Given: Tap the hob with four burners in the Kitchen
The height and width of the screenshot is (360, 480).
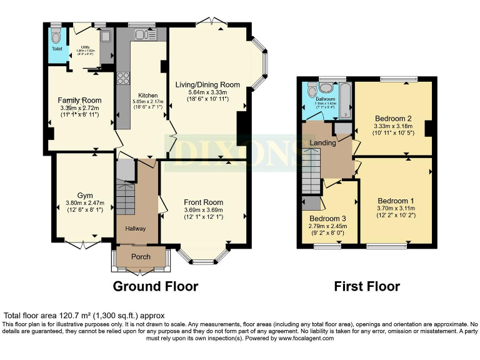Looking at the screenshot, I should point(122,79).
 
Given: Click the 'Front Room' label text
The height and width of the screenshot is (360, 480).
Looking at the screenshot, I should point(203,202).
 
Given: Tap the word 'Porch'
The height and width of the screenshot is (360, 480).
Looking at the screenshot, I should point(141,257).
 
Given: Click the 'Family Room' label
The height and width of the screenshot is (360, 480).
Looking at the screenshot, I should point(79,100).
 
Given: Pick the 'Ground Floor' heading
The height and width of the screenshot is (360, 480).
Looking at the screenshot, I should point(155,286).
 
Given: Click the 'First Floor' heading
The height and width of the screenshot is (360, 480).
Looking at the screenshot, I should point(367,286).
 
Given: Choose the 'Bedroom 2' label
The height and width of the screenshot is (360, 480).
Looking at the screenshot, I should point(392,118).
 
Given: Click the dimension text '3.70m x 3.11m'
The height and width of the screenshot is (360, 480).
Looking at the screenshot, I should point(395,208).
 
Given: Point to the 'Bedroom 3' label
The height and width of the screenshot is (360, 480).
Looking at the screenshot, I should point(328,219).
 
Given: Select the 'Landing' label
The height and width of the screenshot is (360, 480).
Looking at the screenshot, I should point(322,142).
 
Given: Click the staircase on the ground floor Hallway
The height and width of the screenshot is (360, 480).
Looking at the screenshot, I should point(126,194).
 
